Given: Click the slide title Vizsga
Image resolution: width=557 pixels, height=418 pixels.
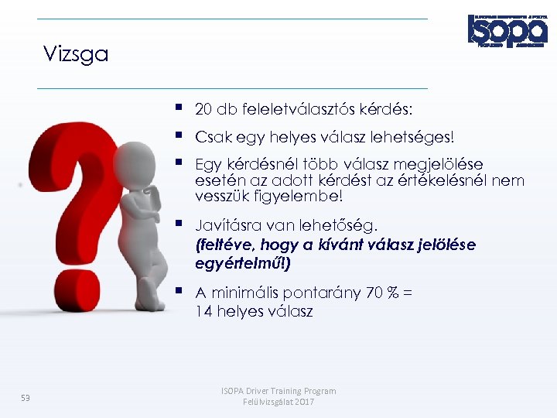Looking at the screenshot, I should click(76, 55).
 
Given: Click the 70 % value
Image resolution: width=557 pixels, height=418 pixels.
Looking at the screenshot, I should click(383, 293).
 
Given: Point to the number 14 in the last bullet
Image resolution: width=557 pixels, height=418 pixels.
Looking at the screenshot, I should click(203, 312).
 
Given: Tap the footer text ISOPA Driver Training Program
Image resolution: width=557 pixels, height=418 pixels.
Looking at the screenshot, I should click(279, 391).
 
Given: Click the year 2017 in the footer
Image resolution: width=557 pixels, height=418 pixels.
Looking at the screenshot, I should click(304, 403).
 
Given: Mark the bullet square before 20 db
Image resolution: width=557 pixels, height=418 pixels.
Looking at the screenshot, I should click(179, 108).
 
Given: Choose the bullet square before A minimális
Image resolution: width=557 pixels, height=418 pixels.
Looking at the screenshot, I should click(179, 292).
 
